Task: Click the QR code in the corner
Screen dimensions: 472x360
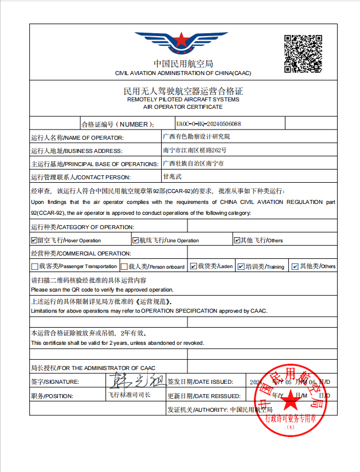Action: pos(303,54)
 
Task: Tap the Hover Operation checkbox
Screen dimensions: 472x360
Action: pos(34,240)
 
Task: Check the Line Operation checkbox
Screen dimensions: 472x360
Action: pos(135,240)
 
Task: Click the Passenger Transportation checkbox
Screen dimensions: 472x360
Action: pos(34,266)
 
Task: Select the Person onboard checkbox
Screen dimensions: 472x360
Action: pos(124,266)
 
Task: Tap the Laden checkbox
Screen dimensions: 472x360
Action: pos(194,266)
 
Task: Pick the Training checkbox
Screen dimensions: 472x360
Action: pos(241,266)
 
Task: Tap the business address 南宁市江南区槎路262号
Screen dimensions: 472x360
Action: pos(195,150)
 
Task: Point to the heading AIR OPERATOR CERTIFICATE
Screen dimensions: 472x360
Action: pos(183,107)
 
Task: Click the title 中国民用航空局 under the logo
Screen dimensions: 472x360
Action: pos(183,64)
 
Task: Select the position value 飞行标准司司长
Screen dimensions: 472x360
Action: pos(130,395)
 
